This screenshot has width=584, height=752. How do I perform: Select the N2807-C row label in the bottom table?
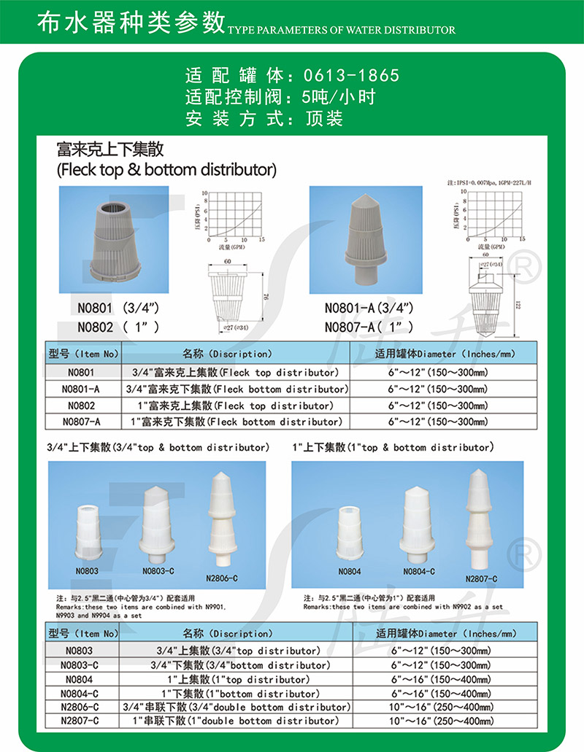point(81,721)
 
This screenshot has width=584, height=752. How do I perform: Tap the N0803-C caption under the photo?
point(158,572)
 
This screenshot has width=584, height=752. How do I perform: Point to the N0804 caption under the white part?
point(350,572)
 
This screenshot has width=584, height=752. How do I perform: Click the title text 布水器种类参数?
point(131,23)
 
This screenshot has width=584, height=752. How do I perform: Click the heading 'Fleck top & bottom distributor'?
point(167,170)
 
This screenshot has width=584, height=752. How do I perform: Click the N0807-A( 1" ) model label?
point(369,327)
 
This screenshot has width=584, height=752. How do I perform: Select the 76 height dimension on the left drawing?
point(264,294)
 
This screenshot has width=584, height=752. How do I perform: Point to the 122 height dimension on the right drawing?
point(518,305)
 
